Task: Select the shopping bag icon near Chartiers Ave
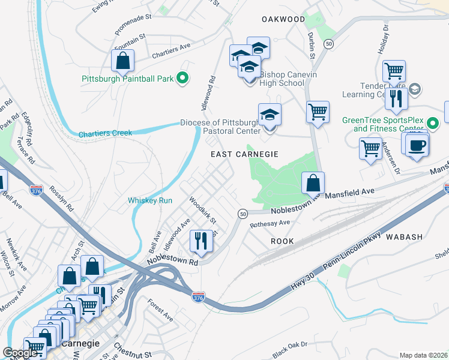(x=122, y=61)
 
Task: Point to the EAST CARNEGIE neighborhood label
(x=244, y=154)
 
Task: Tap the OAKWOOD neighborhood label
(x=283, y=19)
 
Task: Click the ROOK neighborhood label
(x=282, y=241)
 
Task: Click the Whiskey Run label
(x=150, y=200)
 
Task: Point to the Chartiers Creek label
(x=105, y=133)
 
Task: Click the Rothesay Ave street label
(x=270, y=223)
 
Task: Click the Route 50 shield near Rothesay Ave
(x=243, y=214)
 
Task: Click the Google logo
(x=20, y=353)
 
